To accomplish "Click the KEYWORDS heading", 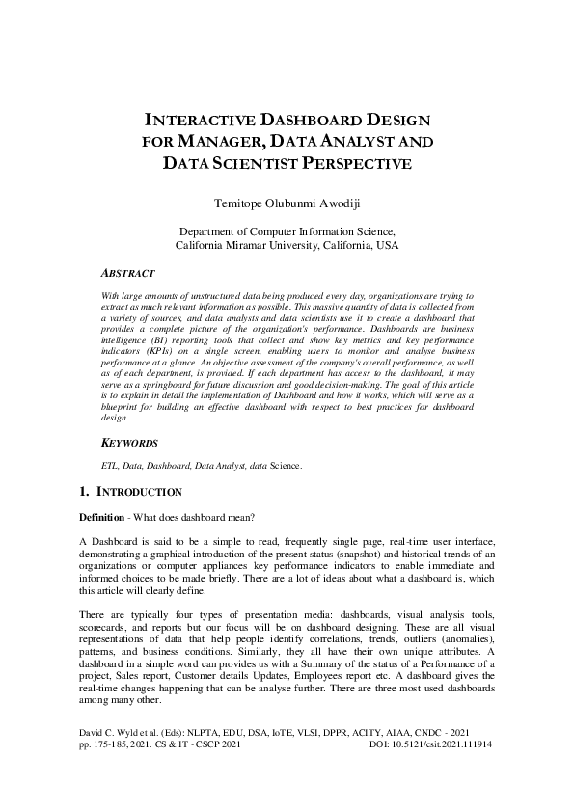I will tap(129, 443).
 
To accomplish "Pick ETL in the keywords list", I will tap(110, 466).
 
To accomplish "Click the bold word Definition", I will tap(101, 517).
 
